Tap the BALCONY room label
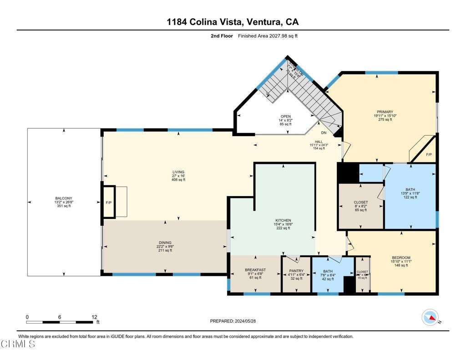pos(63,198)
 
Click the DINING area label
pos(166,243)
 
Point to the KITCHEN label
pos(283,220)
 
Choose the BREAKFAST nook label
pos(255,270)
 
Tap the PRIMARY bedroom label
pos(385,112)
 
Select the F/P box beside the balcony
pos(109,202)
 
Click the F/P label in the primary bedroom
pos(429,155)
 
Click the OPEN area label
pos(285,116)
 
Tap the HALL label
pos(319,141)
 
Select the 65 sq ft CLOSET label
pos(360,202)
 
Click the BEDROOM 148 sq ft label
pos(400,258)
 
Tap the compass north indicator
pos(430,317)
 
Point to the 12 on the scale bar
pos(94,317)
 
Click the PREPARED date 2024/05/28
pos(233,321)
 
